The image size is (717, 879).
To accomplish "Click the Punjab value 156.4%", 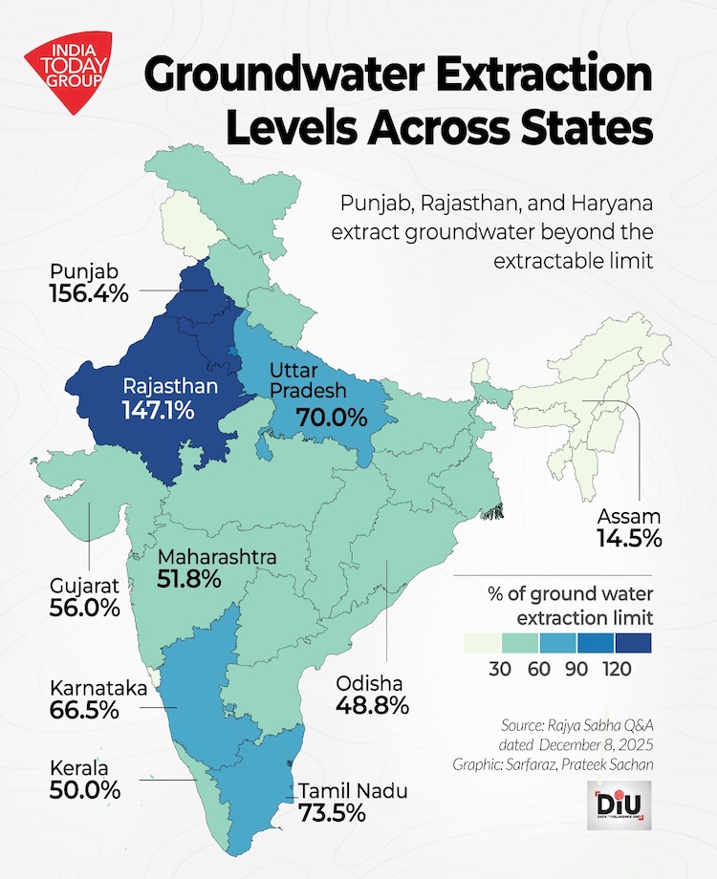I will point(88,293).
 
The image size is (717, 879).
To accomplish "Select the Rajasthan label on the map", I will point(170,387).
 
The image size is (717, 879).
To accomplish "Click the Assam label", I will point(629,516).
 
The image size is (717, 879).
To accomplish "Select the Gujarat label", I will point(84,584).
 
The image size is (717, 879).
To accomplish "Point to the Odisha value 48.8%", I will point(372,706).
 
